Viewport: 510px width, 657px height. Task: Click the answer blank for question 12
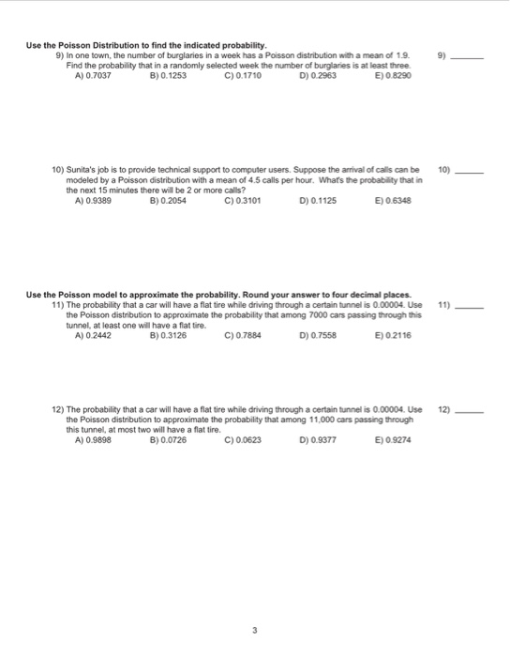[x=468, y=411]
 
